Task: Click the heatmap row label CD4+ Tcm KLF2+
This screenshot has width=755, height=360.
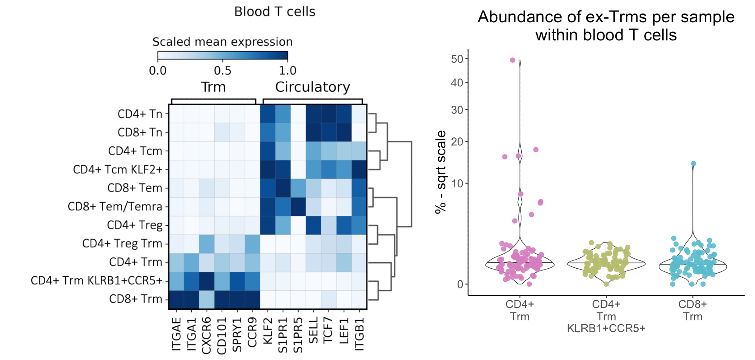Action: coord(117,169)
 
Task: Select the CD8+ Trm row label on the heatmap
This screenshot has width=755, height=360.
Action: coord(136,299)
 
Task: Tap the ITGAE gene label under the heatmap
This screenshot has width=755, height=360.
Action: coord(176,334)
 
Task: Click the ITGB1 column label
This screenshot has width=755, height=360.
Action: coord(359,334)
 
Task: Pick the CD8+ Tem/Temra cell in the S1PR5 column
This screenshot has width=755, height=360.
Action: coord(298,206)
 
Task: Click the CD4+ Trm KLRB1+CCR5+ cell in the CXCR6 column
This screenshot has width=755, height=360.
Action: coord(206,281)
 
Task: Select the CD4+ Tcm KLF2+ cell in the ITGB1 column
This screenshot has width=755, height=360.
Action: coord(359,169)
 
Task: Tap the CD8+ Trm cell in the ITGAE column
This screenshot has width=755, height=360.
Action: coord(176,299)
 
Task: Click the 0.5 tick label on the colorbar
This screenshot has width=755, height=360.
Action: coord(222,71)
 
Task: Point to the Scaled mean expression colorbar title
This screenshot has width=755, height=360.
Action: coord(222,42)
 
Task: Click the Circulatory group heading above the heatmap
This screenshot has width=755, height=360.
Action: coord(313,87)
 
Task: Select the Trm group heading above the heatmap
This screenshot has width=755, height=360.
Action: coord(213,87)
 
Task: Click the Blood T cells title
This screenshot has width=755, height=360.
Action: coord(274,12)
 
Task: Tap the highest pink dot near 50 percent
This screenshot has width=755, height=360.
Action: coord(512,60)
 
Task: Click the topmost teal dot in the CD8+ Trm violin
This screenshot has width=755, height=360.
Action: coord(693,164)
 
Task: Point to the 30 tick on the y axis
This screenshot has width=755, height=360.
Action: coord(457,110)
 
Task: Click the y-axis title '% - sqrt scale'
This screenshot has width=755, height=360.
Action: coord(441,172)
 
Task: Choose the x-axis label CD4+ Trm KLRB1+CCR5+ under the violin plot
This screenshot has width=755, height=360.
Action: coord(606,316)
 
